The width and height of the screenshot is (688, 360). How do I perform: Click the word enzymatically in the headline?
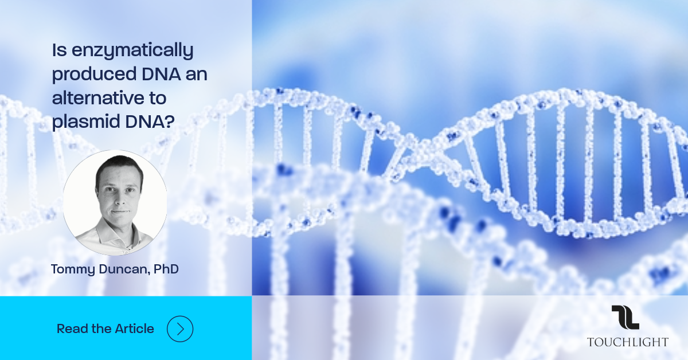[132, 50]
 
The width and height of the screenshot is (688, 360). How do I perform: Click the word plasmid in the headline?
[85, 122]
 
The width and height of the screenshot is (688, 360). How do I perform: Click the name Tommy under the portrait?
[73, 269]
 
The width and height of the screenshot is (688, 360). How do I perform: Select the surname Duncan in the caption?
[124, 269]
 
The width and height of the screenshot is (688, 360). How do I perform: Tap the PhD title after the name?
[166, 269]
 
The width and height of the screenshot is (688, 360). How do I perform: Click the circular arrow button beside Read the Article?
[180, 328]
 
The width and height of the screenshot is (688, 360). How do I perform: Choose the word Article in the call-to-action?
[135, 328]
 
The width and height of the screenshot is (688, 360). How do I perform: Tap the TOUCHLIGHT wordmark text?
[627, 342]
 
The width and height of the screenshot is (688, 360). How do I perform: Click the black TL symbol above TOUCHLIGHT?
[626, 318]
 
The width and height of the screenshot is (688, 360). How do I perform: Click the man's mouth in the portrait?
[120, 212]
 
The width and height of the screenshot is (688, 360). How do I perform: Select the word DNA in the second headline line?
[161, 74]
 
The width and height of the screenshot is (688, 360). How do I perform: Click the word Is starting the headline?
[60, 50]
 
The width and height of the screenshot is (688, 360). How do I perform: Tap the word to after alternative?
[158, 98]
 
